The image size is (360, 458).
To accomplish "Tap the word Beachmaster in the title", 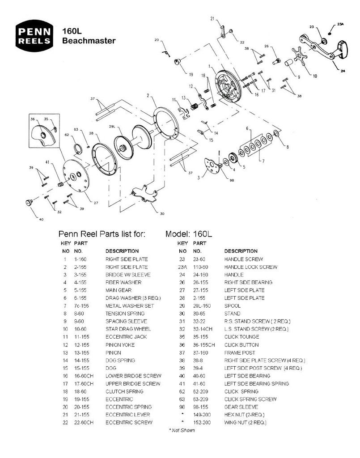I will coord(89,41).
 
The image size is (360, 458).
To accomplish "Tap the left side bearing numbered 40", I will coord(30,203).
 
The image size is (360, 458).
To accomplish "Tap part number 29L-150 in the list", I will coord(203,305).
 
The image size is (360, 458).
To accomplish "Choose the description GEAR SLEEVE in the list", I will coord(241,407).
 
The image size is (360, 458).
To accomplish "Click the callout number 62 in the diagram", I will coord(67,135).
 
